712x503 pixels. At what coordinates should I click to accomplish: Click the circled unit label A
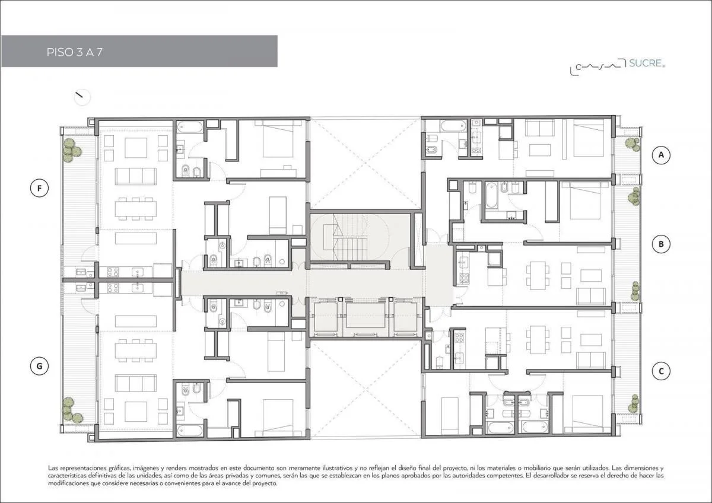pos(661,155)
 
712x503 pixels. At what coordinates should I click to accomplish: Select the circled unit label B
pos(661,244)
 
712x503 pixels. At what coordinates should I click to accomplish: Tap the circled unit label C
pos(661,371)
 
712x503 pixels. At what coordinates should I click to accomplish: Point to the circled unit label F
pos(39,188)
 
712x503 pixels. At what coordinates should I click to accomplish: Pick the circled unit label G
pos(39,366)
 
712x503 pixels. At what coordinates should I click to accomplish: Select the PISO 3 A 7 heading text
pos(75,52)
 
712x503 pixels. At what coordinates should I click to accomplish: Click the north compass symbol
pos(82,97)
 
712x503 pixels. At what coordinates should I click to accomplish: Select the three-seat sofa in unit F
pos(136,176)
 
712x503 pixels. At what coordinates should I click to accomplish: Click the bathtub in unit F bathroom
pos(190,128)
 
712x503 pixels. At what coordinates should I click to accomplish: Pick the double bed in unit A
pos(589,138)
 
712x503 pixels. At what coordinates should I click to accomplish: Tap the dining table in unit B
pos(538,275)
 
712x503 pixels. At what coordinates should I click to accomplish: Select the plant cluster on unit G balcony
pos(72,410)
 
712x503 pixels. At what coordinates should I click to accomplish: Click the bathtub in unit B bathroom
pos(491,195)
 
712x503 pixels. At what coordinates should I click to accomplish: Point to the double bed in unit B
pos(585,201)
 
